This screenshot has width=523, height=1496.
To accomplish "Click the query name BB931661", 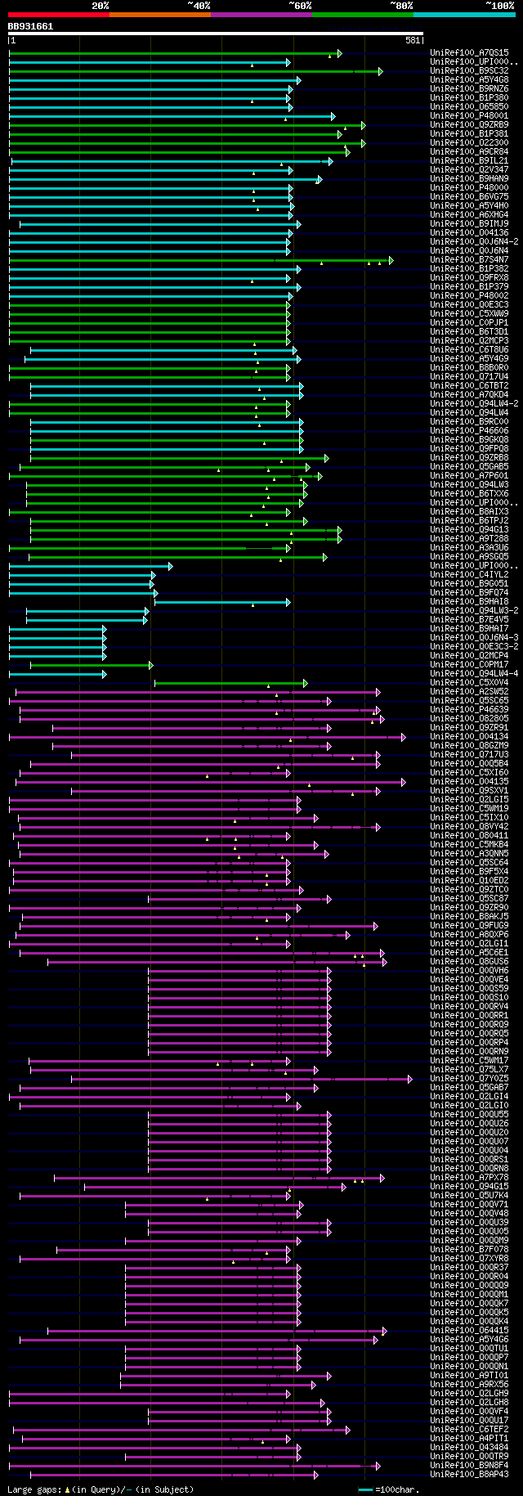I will click(x=30, y=26).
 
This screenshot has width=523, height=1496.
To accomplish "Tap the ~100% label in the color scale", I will click(x=499, y=5).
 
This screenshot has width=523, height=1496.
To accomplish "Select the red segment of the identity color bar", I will click(x=58, y=14).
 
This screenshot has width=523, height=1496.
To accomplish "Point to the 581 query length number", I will click(x=413, y=40).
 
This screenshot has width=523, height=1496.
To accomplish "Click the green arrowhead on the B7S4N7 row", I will click(x=391, y=260).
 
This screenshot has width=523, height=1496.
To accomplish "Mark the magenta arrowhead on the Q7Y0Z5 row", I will click(x=410, y=1079).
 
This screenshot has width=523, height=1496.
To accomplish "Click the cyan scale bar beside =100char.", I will click(x=365, y=1489).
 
